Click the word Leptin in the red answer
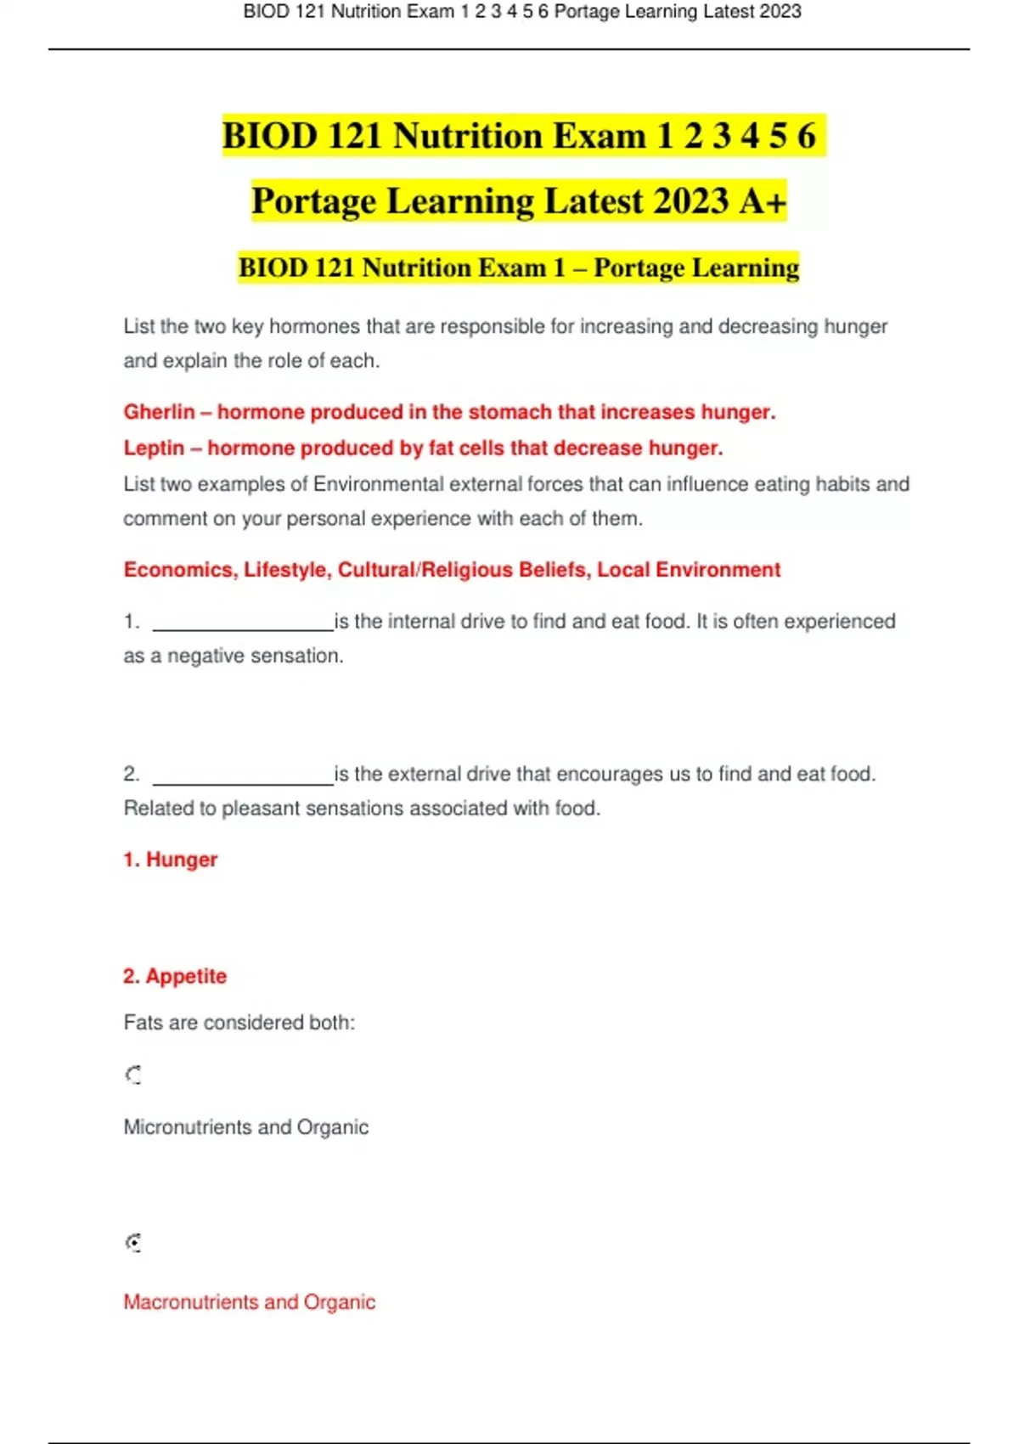(x=154, y=448)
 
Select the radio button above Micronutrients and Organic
(x=133, y=1075)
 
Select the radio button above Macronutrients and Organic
(x=133, y=1243)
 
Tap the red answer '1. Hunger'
(x=171, y=860)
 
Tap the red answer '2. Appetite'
(x=175, y=976)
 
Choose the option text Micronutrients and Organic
(x=246, y=1127)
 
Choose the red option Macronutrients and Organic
(x=250, y=1302)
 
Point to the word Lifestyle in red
(x=287, y=570)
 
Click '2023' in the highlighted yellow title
(x=691, y=201)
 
